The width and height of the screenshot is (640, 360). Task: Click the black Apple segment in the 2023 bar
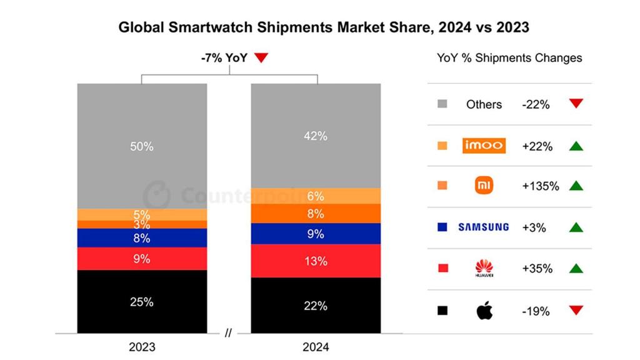coord(142,302)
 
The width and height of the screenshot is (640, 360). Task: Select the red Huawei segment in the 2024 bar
coord(316,261)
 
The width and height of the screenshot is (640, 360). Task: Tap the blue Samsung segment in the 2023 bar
coord(142,237)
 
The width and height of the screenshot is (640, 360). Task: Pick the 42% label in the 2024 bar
coord(316,136)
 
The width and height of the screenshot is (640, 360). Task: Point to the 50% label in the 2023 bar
coord(142,146)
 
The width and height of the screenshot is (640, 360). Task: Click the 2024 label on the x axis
coord(316,347)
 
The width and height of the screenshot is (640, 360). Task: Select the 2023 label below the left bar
coord(142,347)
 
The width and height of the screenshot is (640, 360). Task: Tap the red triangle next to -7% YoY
coord(261,58)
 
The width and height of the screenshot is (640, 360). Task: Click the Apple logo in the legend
coord(484,310)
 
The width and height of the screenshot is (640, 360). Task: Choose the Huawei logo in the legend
coord(484,269)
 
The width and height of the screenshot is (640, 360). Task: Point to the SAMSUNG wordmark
coord(484,227)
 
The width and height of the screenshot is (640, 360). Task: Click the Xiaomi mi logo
coord(484,186)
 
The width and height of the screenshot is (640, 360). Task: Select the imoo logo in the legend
coord(484,146)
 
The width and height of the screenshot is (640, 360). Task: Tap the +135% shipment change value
coord(540,186)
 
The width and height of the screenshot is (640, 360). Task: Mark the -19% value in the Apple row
coord(536,311)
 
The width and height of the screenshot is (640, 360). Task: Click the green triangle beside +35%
coord(576,269)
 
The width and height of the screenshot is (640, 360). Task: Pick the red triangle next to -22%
coord(576,104)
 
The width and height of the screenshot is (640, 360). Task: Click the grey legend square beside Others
coord(442,104)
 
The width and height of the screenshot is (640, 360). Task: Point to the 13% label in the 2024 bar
coord(316,261)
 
